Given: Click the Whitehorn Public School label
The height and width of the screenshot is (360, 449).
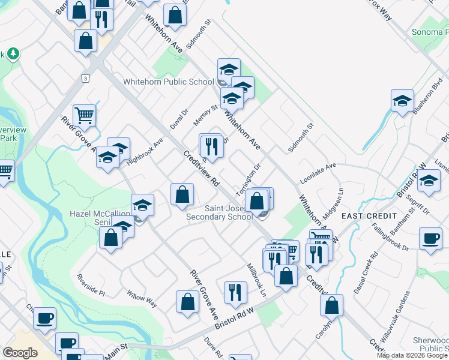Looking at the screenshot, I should (168, 82).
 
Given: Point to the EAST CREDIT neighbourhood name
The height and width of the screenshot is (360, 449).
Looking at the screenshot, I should (369, 215).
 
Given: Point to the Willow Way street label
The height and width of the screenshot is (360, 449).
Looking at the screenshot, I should (142, 298).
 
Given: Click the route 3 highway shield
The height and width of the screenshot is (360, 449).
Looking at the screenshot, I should (86, 78).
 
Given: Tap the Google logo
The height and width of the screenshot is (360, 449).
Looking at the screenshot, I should (20, 353).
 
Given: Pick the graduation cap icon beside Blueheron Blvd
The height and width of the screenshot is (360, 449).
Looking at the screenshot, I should (402, 102).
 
